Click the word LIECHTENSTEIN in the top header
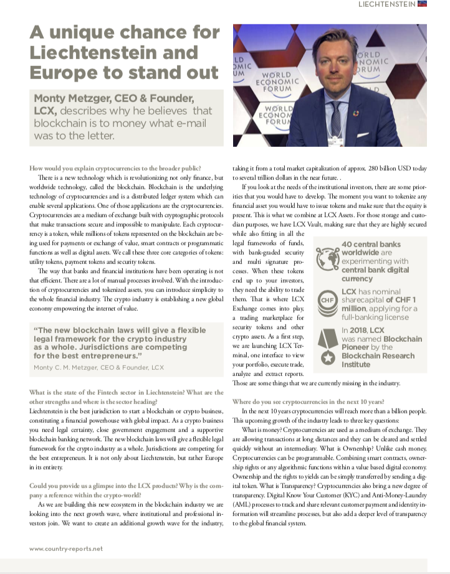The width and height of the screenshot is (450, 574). click(x=387, y=5)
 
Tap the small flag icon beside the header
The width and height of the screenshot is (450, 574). click(x=422, y=5)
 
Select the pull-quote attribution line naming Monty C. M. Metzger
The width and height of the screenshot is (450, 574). click(x=98, y=368)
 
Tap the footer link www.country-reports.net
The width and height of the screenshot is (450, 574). click(x=67, y=549)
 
